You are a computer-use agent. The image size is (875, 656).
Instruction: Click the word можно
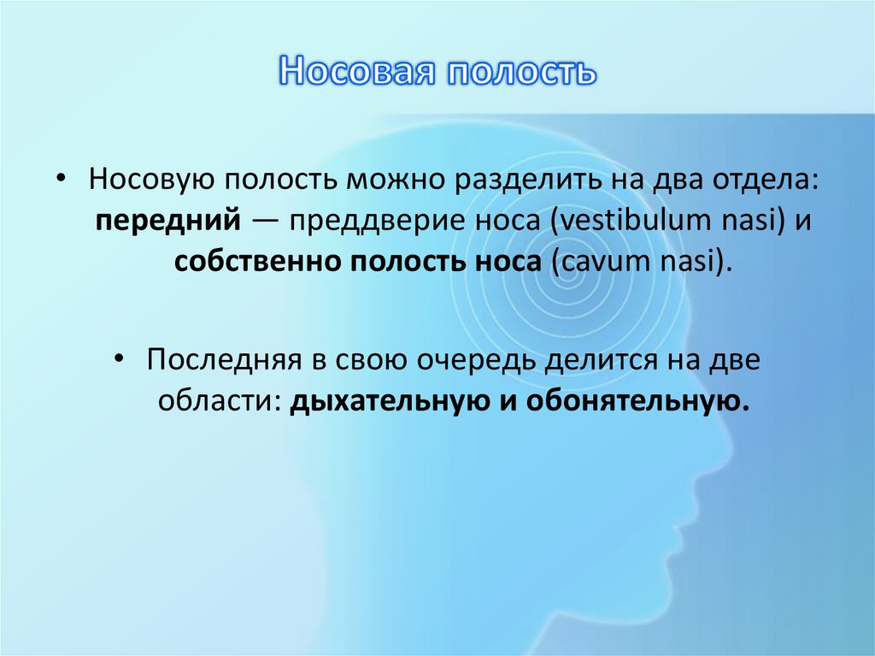coord(396,180)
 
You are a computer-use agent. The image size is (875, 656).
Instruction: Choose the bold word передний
coord(167,221)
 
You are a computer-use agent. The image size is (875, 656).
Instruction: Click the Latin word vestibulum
coord(630,221)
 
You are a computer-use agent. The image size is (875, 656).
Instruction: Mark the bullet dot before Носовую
coord(62,181)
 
